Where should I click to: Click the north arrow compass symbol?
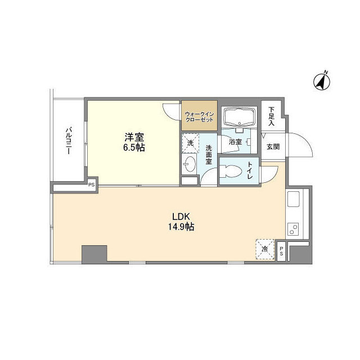coord(322,80)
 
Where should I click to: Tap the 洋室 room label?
coord(133,137)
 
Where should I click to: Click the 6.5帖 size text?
coord(133,147)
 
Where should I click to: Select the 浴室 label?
coord(235,142)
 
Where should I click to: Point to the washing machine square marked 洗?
coord(190,143)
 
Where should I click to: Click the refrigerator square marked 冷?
coord(264,248)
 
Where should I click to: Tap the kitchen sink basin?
coord(295,199)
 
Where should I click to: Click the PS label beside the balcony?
coord(91,184)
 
